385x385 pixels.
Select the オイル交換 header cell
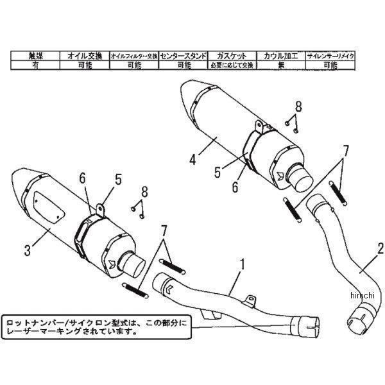[84, 56]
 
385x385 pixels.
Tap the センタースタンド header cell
[183, 56]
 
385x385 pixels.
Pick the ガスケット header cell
[232, 56]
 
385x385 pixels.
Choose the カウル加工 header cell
[280, 56]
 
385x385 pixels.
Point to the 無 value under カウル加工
[280, 65]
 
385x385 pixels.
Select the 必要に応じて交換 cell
[232, 65]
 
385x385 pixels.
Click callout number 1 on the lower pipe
[243, 262]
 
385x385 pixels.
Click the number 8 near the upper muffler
[298, 106]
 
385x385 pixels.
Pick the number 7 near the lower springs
[164, 230]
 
